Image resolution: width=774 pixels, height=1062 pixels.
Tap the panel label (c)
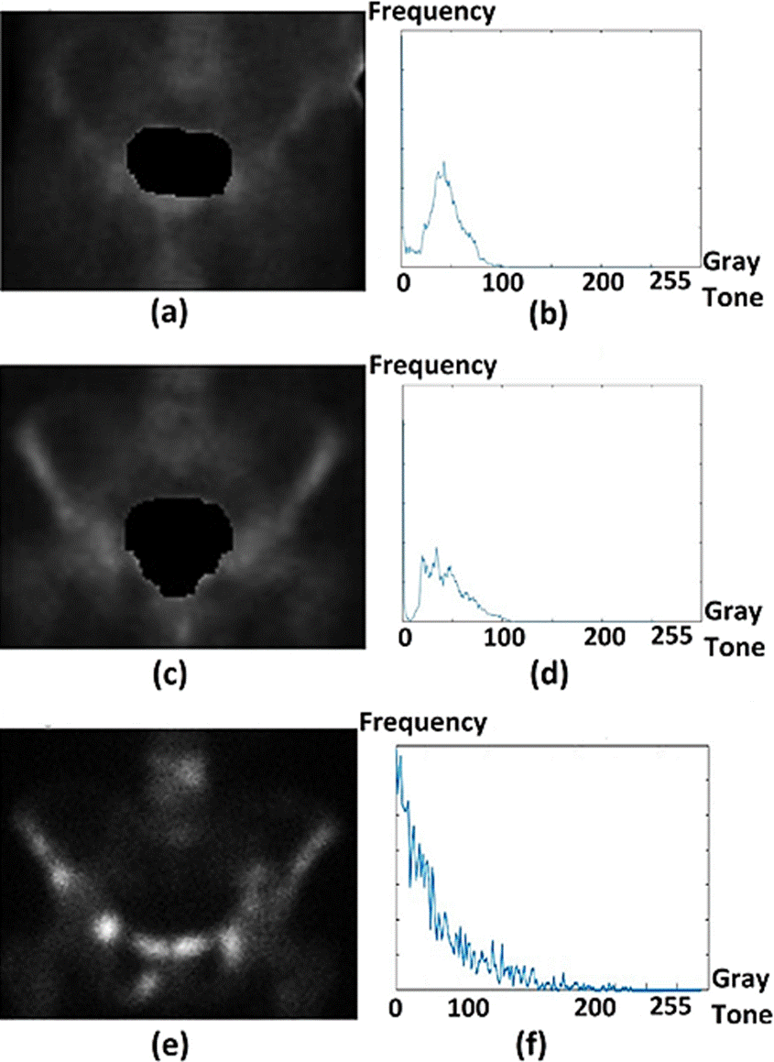click(x=170, y=673)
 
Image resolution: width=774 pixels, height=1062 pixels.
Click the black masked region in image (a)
click(x=178, y=162)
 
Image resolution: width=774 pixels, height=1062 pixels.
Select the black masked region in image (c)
click(x=180, y=542)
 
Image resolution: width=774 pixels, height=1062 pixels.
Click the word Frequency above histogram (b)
click(x=431, y=12)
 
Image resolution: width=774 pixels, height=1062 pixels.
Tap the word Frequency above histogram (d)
click(x=432, y=367)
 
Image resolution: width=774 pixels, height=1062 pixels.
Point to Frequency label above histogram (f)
click(x=421, y=723)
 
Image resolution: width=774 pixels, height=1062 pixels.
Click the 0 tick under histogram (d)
click(x=405, y=636)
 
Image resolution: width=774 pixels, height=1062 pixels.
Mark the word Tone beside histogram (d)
click(x=734, y=647)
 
